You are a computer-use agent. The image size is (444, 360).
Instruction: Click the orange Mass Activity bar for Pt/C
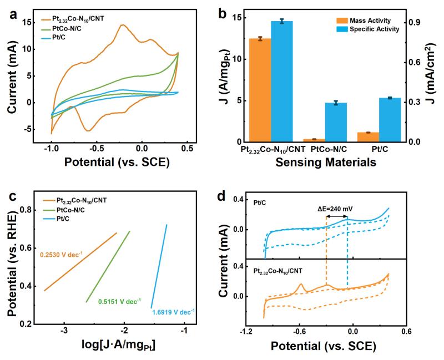pyautogui.click(x=364, y=137)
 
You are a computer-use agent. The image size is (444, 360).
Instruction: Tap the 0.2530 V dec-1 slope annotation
pyautogui.click(x=61, y=255)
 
